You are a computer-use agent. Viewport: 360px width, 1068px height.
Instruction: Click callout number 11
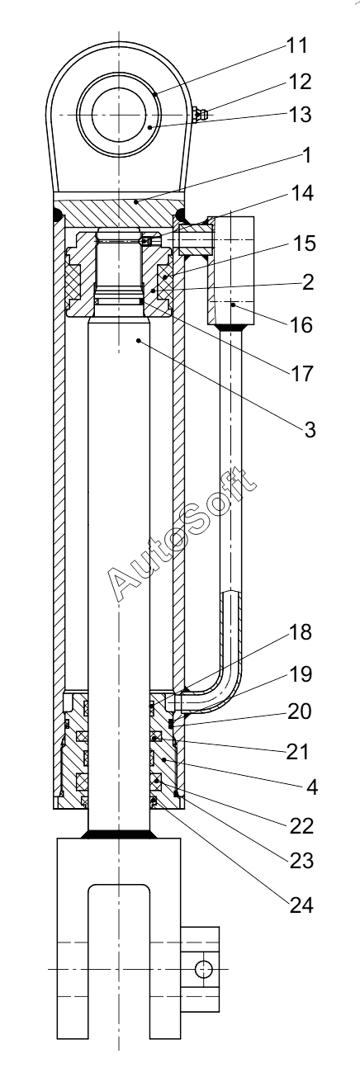click(x=297, y=45)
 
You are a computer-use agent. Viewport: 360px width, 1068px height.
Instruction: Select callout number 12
click(x=301, y=82)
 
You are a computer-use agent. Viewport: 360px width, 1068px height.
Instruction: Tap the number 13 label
click(x=301, y=115)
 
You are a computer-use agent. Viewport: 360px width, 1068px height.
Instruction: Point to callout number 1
click(x=306, y=155)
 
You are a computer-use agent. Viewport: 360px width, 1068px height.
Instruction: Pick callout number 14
click(x=302, y=193)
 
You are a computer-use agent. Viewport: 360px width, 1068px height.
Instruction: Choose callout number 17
click(x=302, y=373)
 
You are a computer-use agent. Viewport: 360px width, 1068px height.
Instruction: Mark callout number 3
click(x=310, y=429)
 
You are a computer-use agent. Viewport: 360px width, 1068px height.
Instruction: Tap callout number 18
click(x=301, y=631)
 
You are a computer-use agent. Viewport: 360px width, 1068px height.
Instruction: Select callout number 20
click(x=300, y=711)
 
